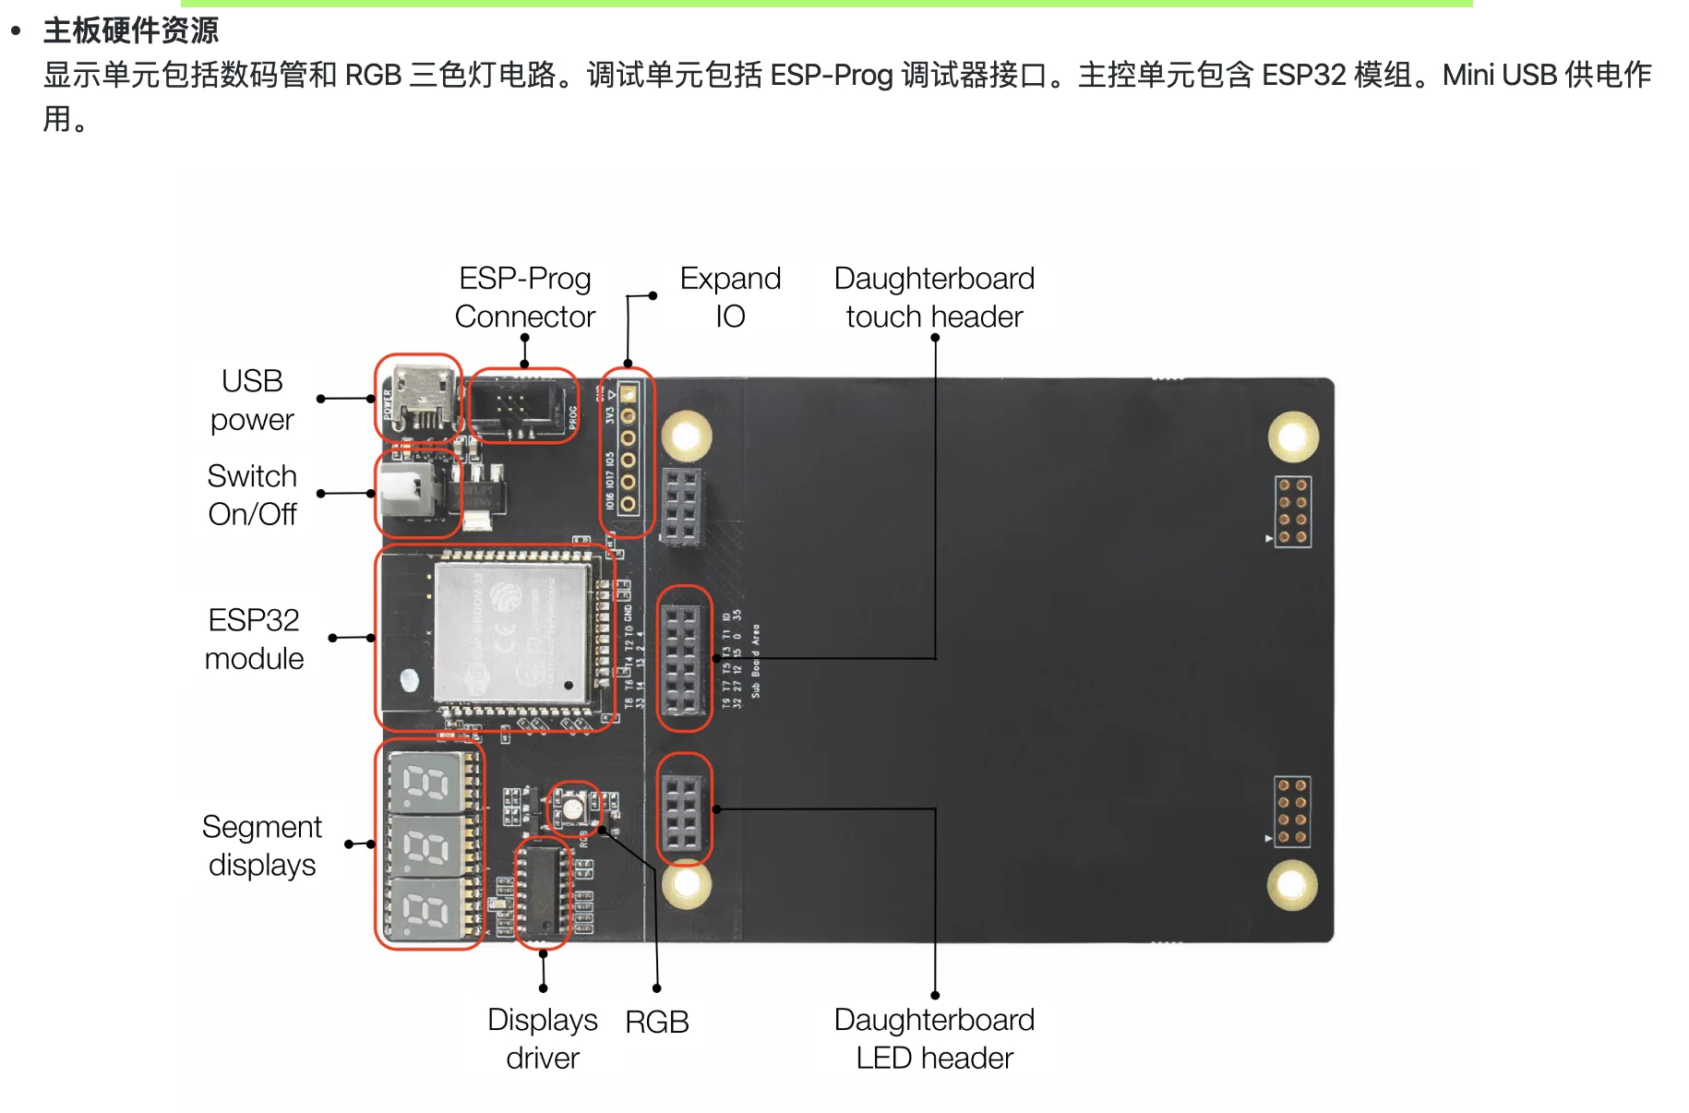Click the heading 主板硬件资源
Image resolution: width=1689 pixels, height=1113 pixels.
[130, 30]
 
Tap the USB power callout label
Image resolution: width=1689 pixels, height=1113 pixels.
[252, 400]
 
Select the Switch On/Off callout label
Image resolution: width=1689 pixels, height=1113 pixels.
[252, 495]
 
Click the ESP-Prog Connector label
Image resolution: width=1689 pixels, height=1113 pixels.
[524, 297]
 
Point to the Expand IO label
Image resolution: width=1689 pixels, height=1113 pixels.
[730, 297]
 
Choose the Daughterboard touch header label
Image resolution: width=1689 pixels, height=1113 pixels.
[934, 297]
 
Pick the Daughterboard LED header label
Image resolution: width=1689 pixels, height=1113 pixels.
[934, 1038]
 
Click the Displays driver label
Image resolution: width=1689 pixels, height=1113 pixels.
[543, 1038]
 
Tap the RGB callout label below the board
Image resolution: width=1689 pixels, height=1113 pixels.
[657, 1022]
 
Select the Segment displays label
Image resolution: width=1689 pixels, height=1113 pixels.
[262, 845]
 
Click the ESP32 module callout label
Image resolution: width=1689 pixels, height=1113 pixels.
[254, 639]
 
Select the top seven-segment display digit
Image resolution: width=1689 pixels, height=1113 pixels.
[426, 783]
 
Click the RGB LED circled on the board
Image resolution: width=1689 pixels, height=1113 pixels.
[573, 808]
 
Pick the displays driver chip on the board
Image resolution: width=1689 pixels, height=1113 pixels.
[543, 892]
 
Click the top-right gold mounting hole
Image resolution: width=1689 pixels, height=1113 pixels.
[1292, 437]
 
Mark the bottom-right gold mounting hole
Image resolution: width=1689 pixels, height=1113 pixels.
[1291, 884]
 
